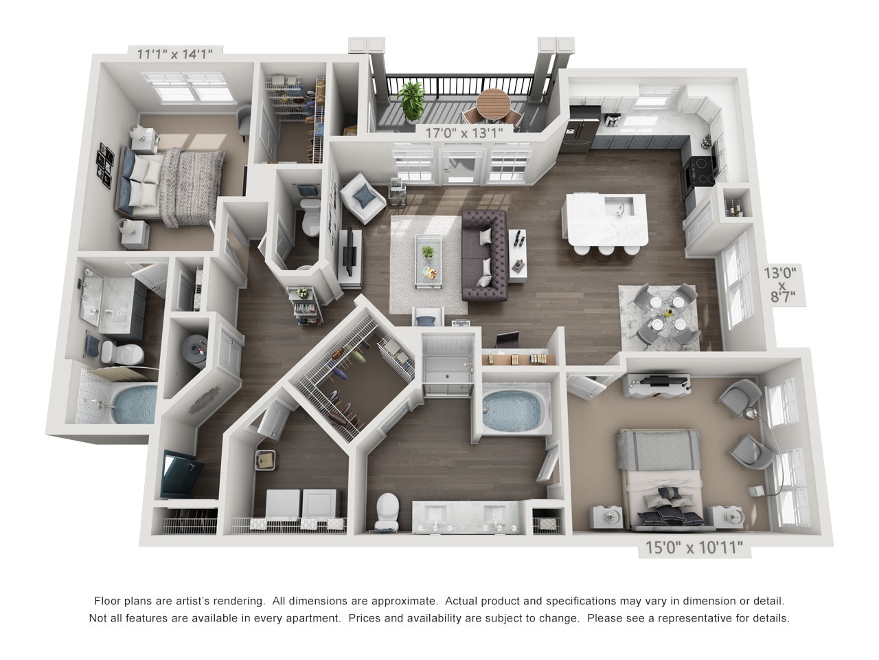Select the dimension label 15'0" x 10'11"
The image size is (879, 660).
(694, 549)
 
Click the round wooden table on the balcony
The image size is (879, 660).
(494, 102)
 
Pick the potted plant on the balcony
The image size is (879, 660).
(412, 100)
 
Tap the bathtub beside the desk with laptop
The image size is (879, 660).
(510, 408)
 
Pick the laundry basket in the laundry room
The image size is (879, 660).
(265, 459)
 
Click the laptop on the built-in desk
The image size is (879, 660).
(508, 340)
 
